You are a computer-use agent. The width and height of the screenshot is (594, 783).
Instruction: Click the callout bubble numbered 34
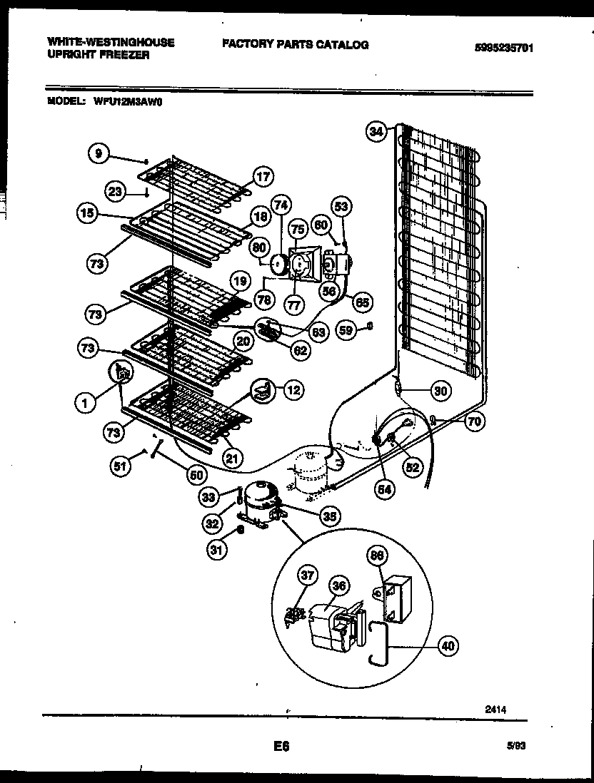pyautogui.click(x=376, y=130)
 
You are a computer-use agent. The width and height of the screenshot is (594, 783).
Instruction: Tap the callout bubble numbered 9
pyautogui.click(x=99, y=153)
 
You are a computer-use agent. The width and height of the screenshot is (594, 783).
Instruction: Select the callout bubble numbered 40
pyautogui.click(x=448, y=646)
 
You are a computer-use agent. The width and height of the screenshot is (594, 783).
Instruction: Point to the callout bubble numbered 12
pyautogui.click(x=293, y=389)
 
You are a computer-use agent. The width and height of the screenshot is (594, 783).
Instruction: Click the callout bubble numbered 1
pyautogui.click(x=85, y=403)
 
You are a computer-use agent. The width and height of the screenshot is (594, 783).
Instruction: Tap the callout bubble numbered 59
pyautogui.click(x=345, y=330)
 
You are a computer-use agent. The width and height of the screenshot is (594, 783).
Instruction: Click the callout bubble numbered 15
pyautogui.click(x=87, y=213)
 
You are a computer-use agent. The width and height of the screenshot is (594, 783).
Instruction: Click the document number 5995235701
pyautogui.click(x=504, y=48)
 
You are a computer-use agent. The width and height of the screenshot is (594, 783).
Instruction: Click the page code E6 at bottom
pyautogui.click(x=281, y=747)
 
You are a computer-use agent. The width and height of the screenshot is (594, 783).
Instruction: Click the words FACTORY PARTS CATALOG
pyautogui.click(x=295, y=44)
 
